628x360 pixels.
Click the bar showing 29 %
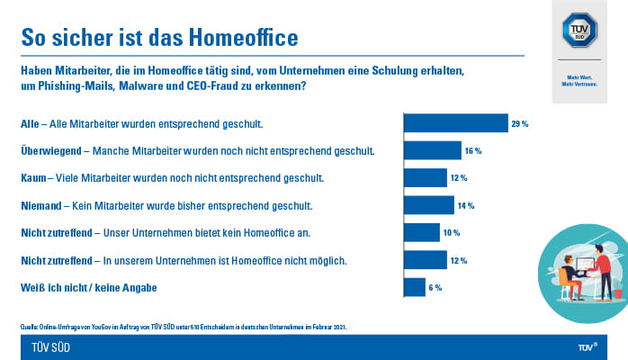point(455,123)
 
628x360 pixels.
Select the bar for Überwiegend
point(432,150)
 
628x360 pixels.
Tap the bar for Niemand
point(428,205)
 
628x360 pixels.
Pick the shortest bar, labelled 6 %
point(414,287)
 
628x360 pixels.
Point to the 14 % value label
point(467,205)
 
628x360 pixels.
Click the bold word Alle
point(30,123)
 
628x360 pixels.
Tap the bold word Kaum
point(33,178)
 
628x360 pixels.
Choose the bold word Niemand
point(41,205)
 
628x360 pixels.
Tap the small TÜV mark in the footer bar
point(587,346)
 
